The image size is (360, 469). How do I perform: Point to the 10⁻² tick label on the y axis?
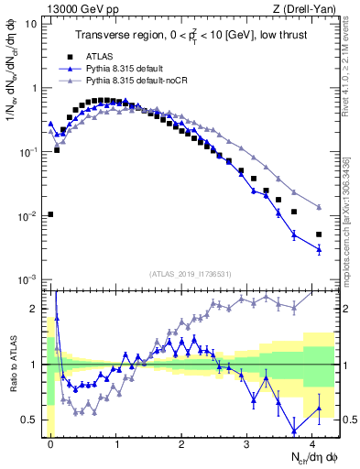[x=27, y=217]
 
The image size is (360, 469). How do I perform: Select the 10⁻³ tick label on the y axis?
[x=27, y=280]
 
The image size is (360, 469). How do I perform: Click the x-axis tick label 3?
[x=246, y=443]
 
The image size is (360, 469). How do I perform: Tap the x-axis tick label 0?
[x=50, y=443]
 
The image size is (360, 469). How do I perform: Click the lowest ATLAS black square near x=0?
[x=50, y=214]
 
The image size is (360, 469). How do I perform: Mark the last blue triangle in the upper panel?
[x=319, y=249]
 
